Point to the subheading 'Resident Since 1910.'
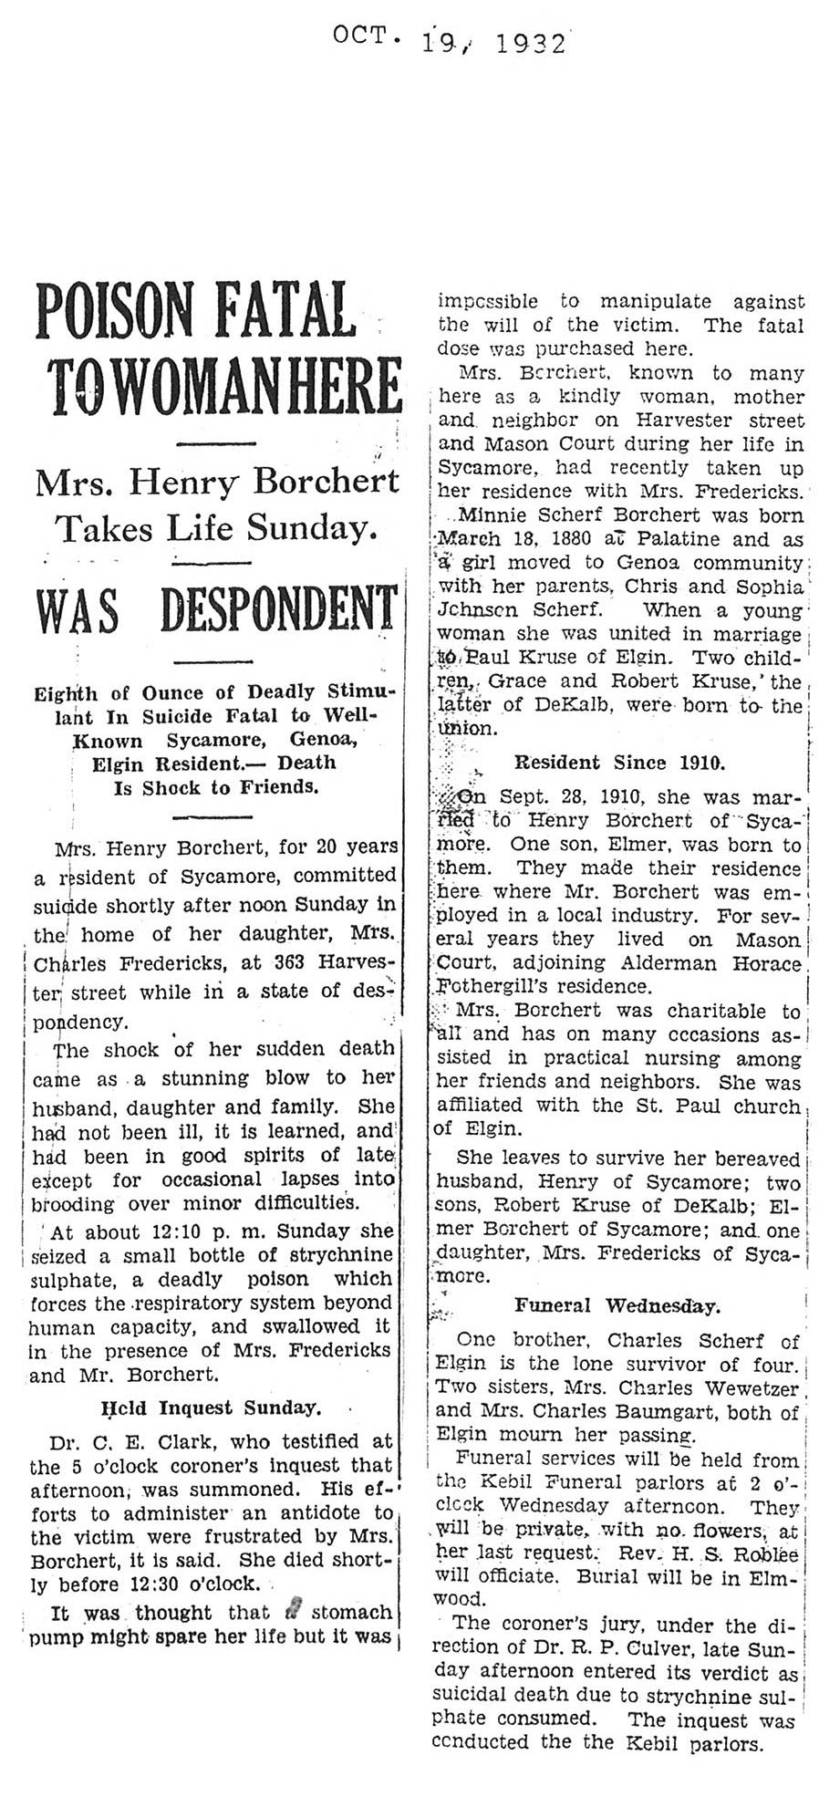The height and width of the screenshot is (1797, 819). pyautogui.click(x=620, y=762)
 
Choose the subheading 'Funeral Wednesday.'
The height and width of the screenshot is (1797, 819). pyautogui.click(x=617, y=1305)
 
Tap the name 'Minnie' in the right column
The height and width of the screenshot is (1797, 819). pyautogui.click(x=492, y=515)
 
